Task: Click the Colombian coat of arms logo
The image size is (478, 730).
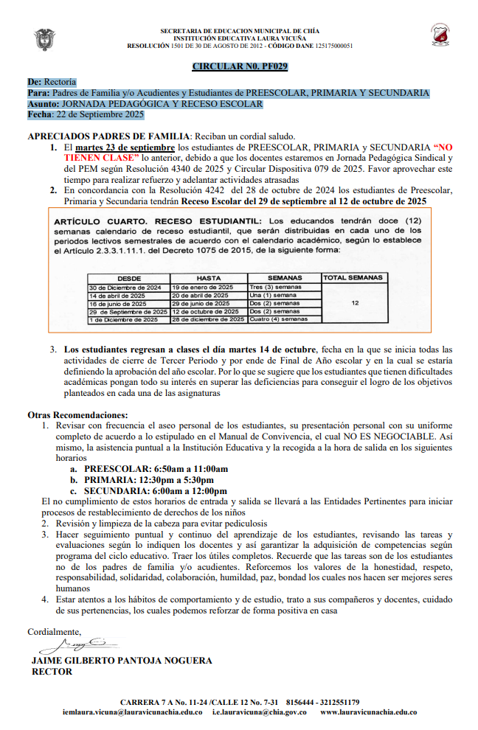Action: pos(44,39)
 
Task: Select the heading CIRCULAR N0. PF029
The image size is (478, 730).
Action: pos(240,66)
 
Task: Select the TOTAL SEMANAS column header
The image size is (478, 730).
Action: pos(355,278)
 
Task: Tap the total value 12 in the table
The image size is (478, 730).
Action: pos(355,303)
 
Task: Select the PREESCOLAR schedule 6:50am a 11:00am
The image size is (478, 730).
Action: pos(156,468)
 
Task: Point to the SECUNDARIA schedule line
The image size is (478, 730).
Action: pos(156,490)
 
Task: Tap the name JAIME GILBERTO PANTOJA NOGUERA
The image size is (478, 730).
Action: pos(122,661)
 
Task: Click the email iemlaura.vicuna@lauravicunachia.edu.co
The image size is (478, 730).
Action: pos(133,712)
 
